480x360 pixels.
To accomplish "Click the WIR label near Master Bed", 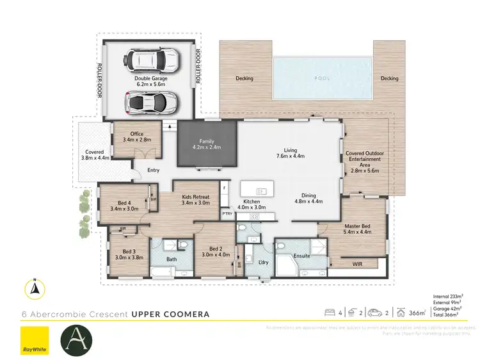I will tap(358, 263).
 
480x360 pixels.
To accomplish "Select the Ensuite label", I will tap(301, 256).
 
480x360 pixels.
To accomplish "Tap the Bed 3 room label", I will tap(129, 255).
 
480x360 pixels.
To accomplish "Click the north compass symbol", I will tap(33, 290).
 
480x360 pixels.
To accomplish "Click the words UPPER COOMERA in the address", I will tap(170, 315).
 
